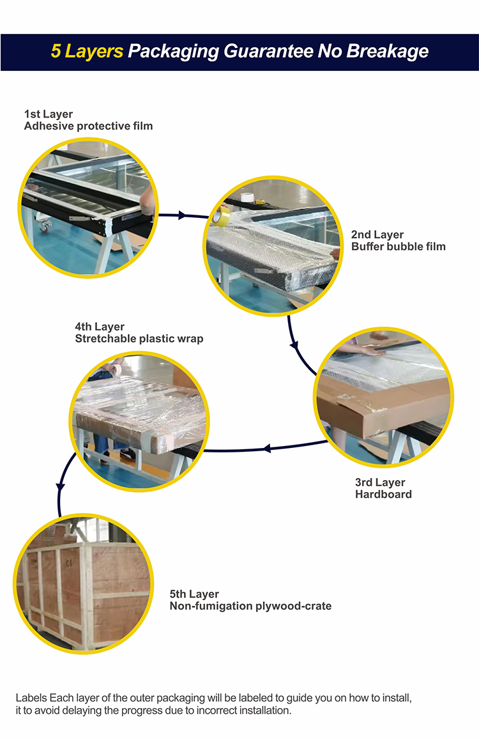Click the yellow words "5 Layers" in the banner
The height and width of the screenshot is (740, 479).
point(87,51)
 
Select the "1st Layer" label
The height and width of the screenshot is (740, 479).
point(49,114)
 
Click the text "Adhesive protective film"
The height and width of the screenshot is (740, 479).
point(88,126)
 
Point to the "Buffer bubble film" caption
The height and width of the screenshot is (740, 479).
point(399,246)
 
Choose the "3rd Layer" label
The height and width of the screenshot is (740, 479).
point(380,482)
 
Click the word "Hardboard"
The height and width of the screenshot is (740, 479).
point(383,494)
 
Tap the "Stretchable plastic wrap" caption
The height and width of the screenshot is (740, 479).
point(139,339)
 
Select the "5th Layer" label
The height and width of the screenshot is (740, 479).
point(194,594)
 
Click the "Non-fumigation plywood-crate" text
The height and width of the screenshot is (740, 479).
point(250,606)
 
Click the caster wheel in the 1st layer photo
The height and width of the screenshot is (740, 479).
point(45,227)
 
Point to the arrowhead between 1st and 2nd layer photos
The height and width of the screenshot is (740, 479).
point(183,215)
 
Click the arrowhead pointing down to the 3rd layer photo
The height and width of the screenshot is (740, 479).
point(294,346)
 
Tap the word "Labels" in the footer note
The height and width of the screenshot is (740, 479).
point(30,698)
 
